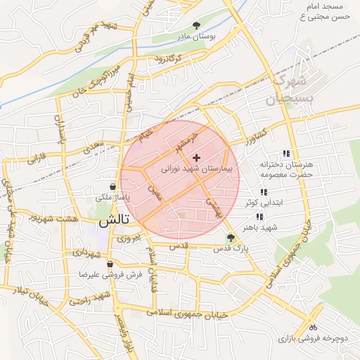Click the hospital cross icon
195,157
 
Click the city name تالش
105,220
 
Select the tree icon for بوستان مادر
205,25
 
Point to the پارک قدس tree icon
231,238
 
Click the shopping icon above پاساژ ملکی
113,187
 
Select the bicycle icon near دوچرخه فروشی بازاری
313,327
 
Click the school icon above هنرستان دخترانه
285,153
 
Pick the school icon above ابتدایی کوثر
264,192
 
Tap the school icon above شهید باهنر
259,217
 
